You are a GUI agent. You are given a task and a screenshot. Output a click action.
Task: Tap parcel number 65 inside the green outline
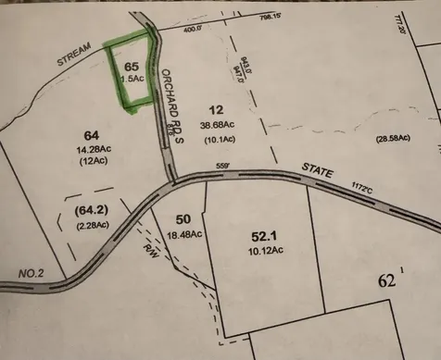point(132,67)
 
